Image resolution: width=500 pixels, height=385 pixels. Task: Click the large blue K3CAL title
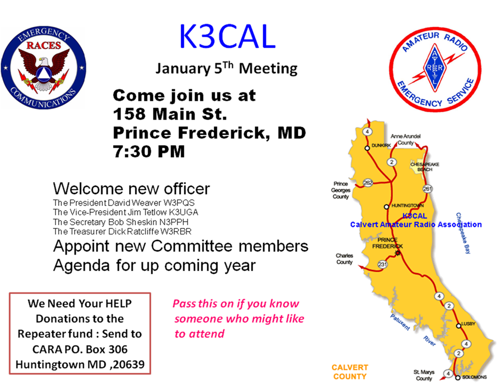tap(227, 36)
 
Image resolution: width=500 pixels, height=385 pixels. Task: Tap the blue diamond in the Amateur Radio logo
tap(435, 68)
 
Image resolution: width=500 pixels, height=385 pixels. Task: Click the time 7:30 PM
tap(149, 151)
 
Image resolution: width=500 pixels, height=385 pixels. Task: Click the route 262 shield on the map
tap(368, 182)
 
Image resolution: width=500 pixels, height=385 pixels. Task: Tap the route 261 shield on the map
tap(427, 189)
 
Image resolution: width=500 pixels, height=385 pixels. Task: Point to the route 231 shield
tap(382, 264)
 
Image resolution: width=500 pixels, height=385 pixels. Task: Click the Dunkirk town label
tap(381, 145)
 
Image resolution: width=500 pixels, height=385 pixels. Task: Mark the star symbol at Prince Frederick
tap(397, 253)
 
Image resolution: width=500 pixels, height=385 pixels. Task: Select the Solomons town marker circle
tap(458, 378)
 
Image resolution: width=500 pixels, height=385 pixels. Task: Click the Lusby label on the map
tap(468, 324)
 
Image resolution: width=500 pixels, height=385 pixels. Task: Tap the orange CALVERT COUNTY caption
tap(350, 372)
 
